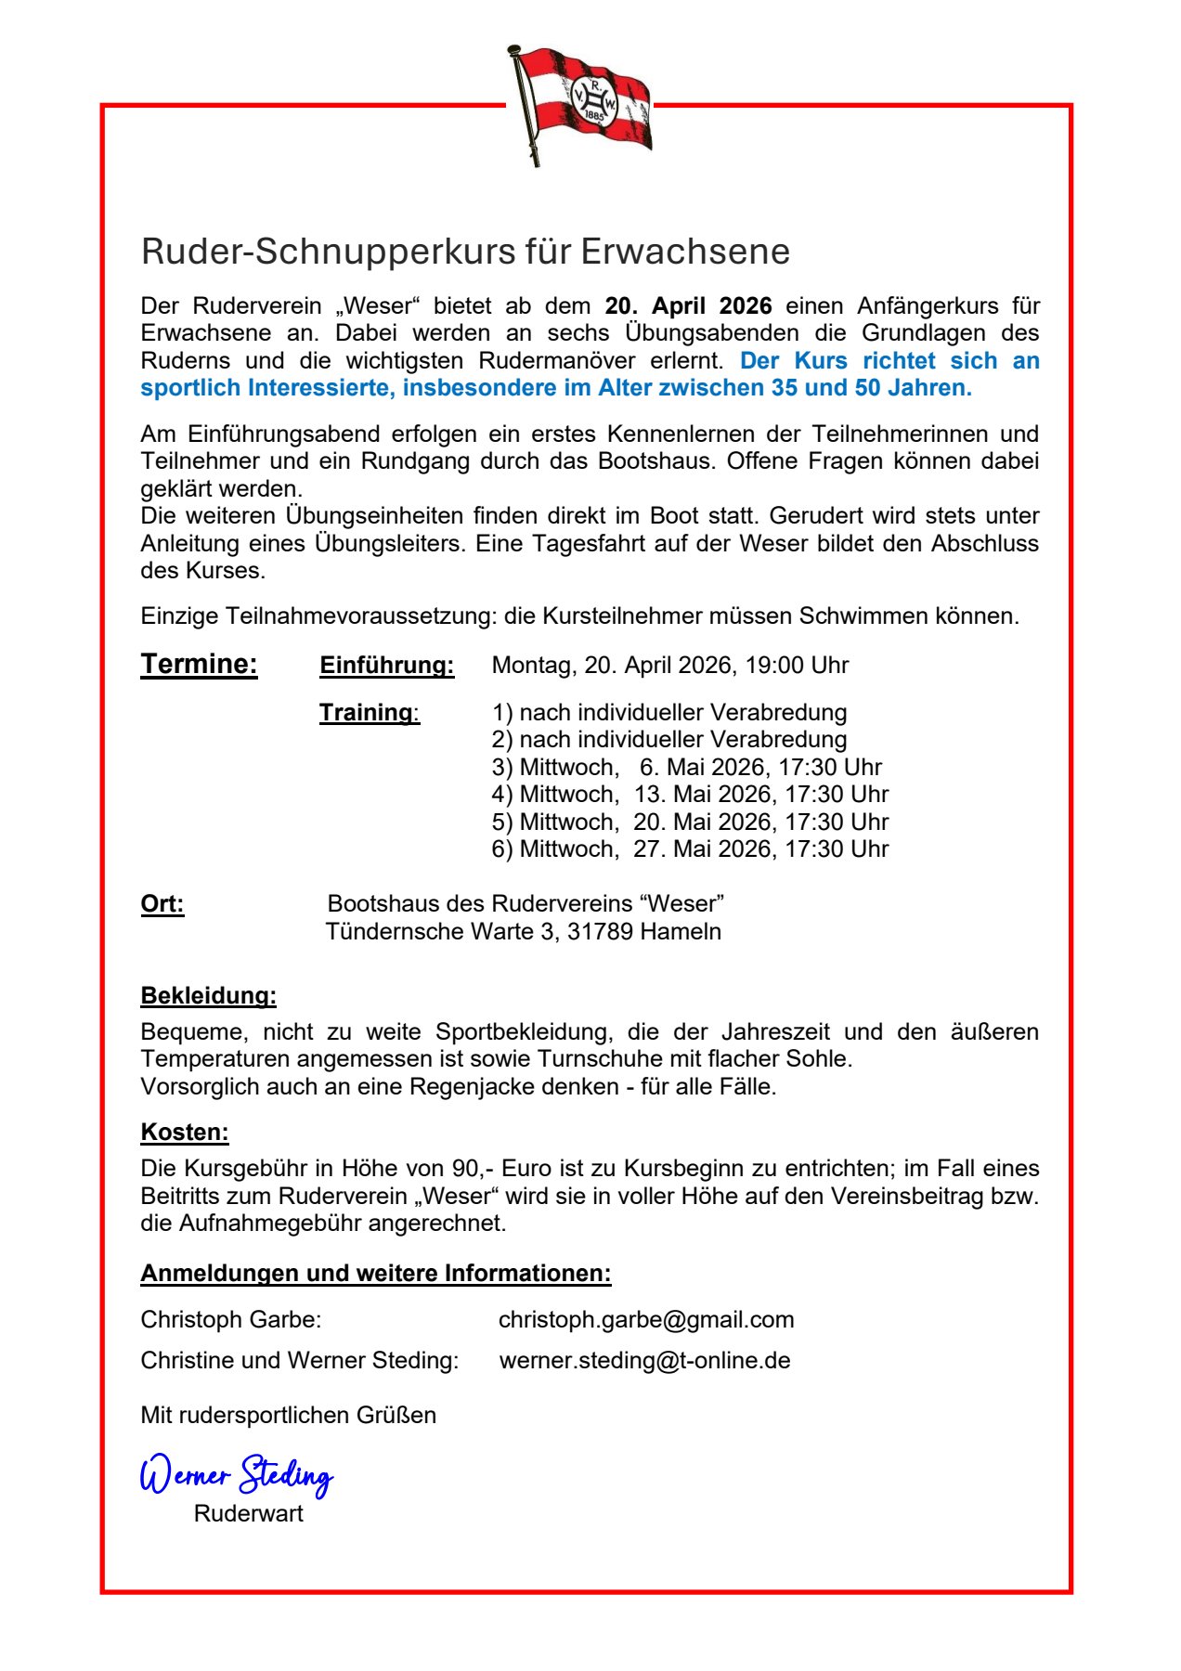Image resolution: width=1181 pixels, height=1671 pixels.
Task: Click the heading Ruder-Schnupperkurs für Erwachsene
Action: pos(465,252)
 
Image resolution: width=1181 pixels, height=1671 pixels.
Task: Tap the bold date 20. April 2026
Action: pos(688,306)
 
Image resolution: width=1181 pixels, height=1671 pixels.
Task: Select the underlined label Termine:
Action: pos(199,664)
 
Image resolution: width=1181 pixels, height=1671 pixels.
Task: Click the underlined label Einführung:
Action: pos(386,666)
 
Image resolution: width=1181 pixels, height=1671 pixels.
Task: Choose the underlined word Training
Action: pos(366,712)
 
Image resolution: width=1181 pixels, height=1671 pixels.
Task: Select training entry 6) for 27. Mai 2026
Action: pos(690,848)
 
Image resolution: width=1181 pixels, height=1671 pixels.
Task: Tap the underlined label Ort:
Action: pos(162,903)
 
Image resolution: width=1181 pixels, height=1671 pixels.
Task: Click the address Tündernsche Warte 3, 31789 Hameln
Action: pos(523,931)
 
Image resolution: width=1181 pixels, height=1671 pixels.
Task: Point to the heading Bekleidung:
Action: pos(208,995)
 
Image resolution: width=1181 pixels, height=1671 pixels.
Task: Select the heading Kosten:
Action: pos(185,1132)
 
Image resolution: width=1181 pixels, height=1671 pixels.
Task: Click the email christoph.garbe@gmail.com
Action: pos(646,1319)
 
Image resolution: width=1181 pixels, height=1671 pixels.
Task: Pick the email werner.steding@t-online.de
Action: pos(644,1360)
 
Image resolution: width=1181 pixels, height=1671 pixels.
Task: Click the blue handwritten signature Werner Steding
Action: pos(236,1473)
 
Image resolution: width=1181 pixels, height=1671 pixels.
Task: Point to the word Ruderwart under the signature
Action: pos(248,1513)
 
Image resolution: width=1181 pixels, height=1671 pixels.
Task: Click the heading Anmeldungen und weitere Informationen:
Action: pos(376,1273)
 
